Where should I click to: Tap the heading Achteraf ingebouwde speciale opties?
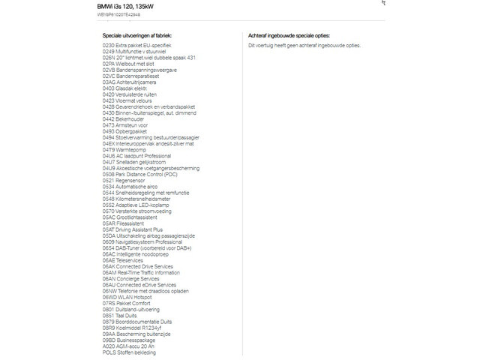coord(289,35)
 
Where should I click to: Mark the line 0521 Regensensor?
coord(123,181)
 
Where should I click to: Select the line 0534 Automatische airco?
coord(130,187)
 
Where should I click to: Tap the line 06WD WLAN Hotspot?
coord(126,298)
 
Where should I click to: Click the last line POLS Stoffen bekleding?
coord(129,352)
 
